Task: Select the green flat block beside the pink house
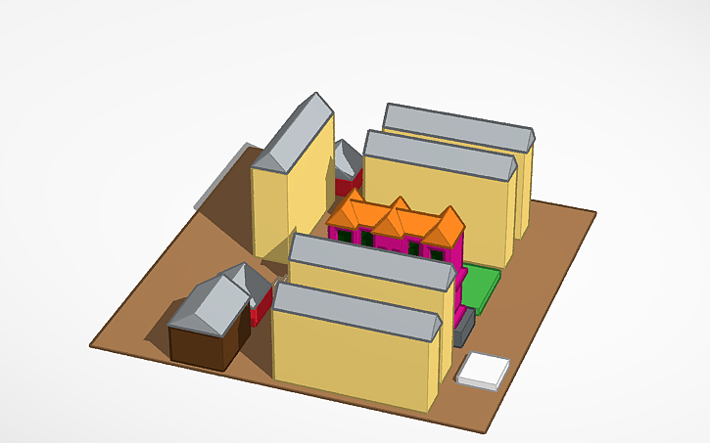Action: pyautogui.click(x=480, y=288)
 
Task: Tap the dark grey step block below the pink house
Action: pyautogui.click(x=465, y=328)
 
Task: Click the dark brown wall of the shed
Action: pyautogui.click(x=202, y=345)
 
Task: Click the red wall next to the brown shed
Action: pyautogui.click(x=258, y=311)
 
